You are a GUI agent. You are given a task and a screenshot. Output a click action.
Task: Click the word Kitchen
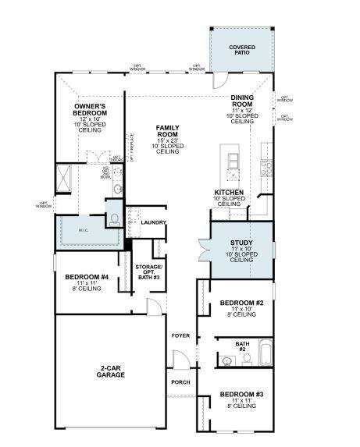(229, 192)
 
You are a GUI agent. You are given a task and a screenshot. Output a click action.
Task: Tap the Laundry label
(154, 222)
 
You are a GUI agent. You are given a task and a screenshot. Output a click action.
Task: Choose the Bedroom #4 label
(86, 276)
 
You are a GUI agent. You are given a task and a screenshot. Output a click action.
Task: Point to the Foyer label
(180, 335)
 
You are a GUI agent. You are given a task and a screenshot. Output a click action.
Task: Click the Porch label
(180, 381)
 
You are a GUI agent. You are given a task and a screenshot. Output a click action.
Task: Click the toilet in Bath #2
(247, 359)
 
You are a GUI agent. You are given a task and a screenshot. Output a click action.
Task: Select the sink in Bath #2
(227, 360)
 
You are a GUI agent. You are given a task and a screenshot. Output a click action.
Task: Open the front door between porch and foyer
(180, 360)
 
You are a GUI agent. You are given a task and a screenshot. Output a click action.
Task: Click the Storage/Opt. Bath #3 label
(148, 271)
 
